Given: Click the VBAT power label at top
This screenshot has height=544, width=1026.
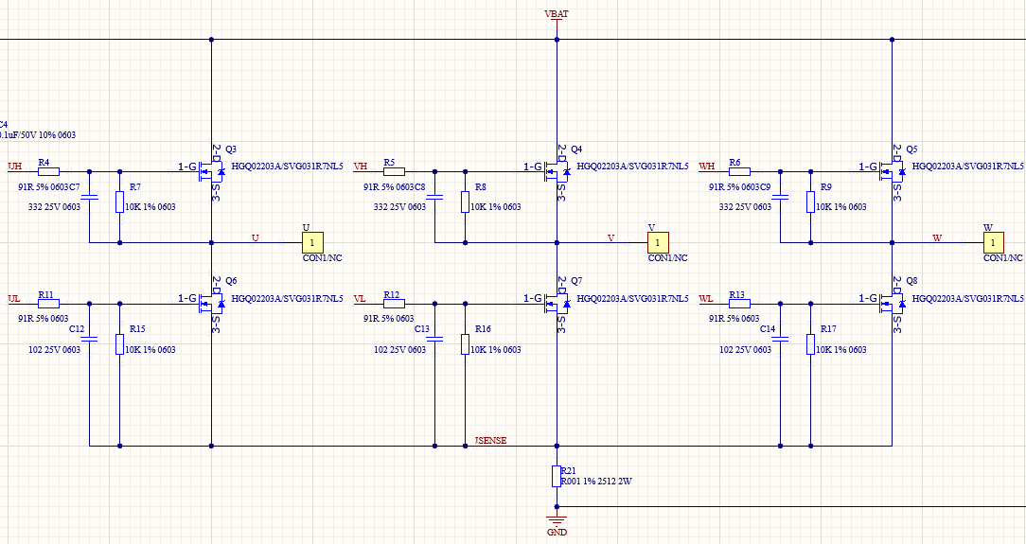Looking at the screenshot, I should [557, 13].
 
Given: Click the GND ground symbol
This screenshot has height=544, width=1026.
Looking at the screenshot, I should [557, 519].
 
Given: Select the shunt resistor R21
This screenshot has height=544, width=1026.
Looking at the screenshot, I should [557, 476].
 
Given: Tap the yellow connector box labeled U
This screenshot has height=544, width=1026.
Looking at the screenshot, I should [312, 243].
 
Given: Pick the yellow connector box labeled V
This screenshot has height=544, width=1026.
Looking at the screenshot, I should [658, 243].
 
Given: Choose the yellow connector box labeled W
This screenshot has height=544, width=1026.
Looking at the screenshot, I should [992, 243].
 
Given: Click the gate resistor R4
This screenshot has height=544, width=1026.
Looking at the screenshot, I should [47, 172].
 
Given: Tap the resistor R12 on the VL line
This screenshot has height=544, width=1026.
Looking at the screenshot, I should [393, 304].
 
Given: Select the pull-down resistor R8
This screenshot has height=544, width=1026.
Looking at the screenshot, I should [465, 202].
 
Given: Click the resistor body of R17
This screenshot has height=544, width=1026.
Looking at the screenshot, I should [810, 344].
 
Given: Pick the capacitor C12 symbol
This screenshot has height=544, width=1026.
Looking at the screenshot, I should [89, 340].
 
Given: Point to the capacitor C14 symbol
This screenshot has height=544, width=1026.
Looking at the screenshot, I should [780, 340].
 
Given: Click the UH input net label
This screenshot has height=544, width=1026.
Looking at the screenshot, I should [14, 167].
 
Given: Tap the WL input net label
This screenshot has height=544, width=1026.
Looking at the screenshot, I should [706, 299].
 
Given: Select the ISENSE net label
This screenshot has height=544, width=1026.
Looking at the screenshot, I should [490, 440].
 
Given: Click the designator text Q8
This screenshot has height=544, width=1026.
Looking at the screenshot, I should [912, 281].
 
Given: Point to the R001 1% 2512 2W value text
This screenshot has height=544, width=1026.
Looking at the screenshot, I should [596, 482].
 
